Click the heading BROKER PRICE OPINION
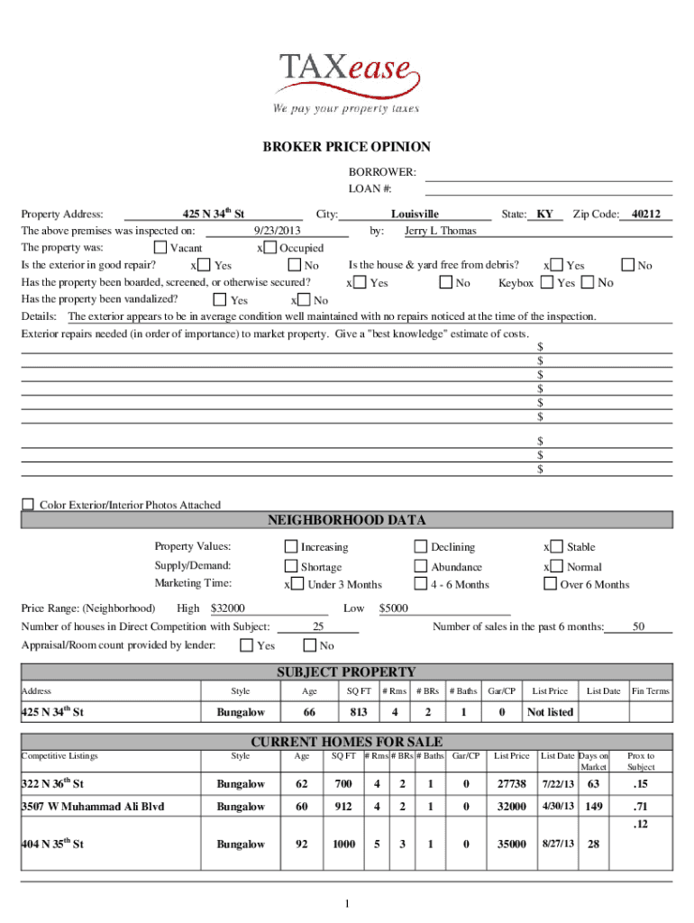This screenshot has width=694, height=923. pyautogui.click(x=346, y=147)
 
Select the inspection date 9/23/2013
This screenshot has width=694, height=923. pyautogui.click(x=279, y=231)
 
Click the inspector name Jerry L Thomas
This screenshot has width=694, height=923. pyautogui.click(x=441, y=231)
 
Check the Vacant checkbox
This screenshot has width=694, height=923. pyautogui.click(x=160, y=247)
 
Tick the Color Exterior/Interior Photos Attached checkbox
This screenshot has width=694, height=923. pyautogui.click(x=28, y=504)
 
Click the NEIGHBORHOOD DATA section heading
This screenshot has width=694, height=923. pyautogui.click(x=346, y=520)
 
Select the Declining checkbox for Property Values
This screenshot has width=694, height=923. pyautogui.click(x=420, y=546)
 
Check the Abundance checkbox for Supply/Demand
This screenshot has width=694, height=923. pyautogui.click(x=420, y=566)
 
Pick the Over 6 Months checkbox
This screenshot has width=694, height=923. pyautogui.click(x=550, y=583)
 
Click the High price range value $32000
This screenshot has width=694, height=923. pyautogui.click(x=227, y=608)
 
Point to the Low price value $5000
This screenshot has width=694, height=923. pyautogui.click(x=394, y=608)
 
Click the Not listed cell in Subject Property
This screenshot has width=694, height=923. pyautogui.click(x=550, y=712)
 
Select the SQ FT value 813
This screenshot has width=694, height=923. pyautogui.click(x=360, y=712)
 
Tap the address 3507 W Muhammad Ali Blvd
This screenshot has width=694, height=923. pyautogui.click(x=93, y=806)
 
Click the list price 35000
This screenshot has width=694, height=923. pyautogui.click(x=511, y=845)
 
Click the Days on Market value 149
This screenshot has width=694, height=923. pyautogui.click(x=593, y=806)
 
